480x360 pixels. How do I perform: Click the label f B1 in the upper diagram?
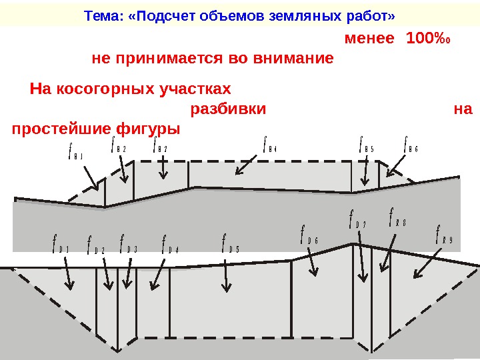(x=75, y=155)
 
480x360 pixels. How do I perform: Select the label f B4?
(x=269, y=146)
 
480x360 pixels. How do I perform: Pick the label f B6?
(x=411, y=146)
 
